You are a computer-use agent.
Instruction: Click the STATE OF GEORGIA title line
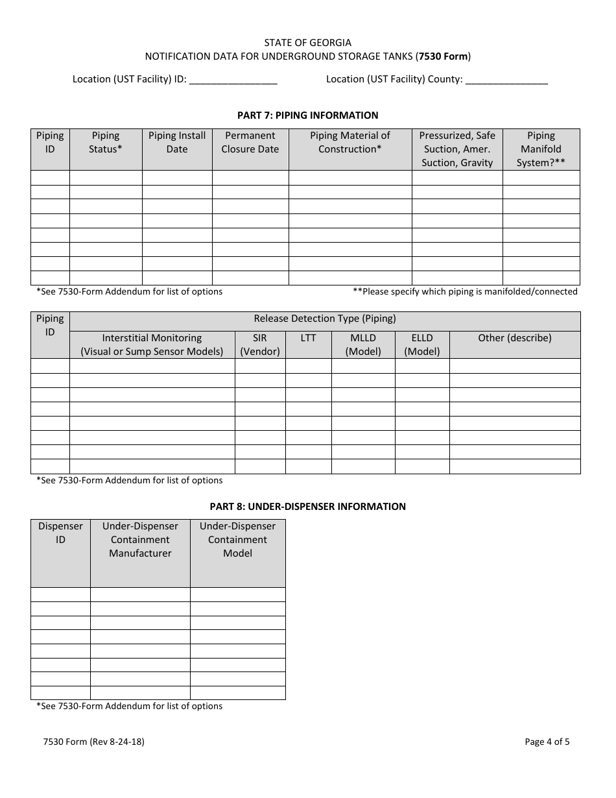[x=307, y=43]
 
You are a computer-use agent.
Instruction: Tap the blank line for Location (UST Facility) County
[x=506, y=80]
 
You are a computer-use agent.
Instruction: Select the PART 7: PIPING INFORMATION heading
[x=307, y=115]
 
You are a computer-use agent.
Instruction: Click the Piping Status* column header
[x=106, y=142]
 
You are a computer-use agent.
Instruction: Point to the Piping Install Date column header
[x=177, y=142]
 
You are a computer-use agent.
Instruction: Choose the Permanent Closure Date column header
[x=250, y=142]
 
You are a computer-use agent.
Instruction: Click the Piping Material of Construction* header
[x=350, y=142]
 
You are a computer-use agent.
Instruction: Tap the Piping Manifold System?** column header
[x=541, y=149]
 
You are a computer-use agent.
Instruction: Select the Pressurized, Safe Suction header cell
[x=457, y=149]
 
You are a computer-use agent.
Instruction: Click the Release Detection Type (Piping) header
[x=325, y=319]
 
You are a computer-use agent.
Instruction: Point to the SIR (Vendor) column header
[x=260, y=345]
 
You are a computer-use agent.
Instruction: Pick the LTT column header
[x=309, y=338]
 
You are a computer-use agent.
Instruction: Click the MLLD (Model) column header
[x=363, y=345]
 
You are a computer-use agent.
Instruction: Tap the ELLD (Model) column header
[x=422, y=345]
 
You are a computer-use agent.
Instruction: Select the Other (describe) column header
[x=515, y=338]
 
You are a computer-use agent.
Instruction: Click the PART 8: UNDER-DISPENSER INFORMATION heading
[x=307, y=507]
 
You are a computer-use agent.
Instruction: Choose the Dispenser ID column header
[x=60, y=533]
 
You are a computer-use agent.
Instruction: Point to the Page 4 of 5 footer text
[x=547, y=742]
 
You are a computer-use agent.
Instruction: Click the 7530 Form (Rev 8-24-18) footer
[x=90, y=742]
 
